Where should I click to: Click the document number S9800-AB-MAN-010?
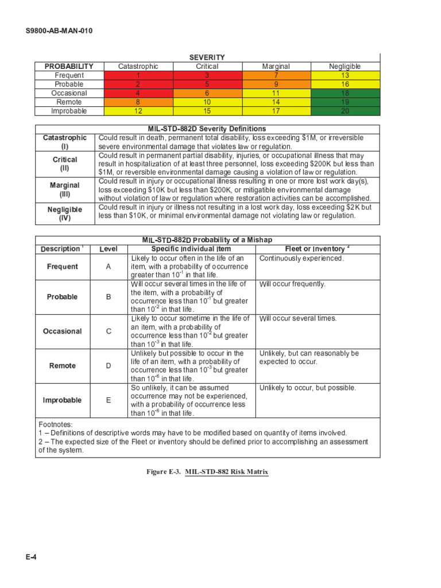point(59,30)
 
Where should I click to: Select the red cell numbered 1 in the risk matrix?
point(138,75)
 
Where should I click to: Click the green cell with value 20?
point(345,111)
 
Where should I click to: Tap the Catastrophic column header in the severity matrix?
point(138,67)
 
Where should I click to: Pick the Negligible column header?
point(345,67)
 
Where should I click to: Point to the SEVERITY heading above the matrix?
point(207,57)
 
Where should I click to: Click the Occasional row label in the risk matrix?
point(69,93)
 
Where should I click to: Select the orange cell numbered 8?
point(138,102)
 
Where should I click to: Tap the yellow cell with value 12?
point(138,111)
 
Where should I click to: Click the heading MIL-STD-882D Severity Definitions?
point(207,129)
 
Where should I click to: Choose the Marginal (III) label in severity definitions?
point(64,190)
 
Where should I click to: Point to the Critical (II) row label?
point(64,164)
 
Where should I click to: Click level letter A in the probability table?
point(109,267)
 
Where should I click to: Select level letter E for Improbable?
point(109,400)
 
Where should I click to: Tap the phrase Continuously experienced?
point(301,258)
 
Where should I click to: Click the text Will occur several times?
point(298,319)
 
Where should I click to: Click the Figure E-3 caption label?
point(164,472)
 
